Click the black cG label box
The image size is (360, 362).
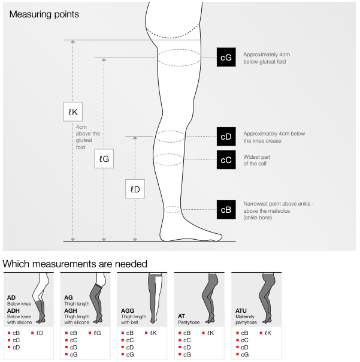(x=226, y=58)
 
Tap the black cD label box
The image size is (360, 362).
(x=226, y=137)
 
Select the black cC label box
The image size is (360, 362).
(x=226, y=160)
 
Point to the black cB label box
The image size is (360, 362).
(x=226, y=210)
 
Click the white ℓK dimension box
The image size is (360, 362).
(x=73, y=111)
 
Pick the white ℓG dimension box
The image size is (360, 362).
(x=104, y=159)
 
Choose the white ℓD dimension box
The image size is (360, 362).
(x=135, y=189)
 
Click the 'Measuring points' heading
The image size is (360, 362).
(x=44, y=14)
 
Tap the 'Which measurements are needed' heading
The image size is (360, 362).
(x=75, y=264)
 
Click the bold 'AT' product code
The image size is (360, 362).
(x=181, y=315)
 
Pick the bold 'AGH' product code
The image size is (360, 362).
(x=70, y=311)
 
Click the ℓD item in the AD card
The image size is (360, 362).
(x=37, y=333)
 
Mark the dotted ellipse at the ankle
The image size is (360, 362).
(x=173, y=209)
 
